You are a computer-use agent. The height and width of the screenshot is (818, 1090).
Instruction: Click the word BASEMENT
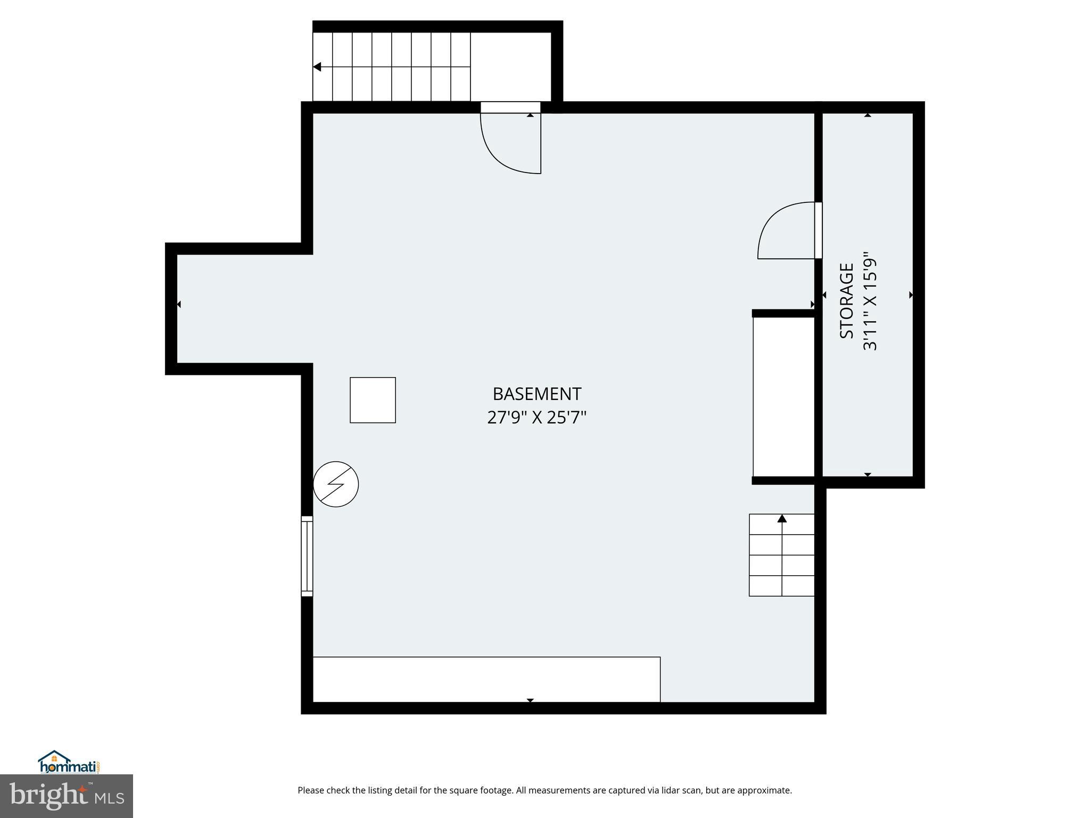pyautogui.click(x=536, y=394)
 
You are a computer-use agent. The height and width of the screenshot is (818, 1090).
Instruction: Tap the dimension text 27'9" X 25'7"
pyautogui.click(x=536, y=418)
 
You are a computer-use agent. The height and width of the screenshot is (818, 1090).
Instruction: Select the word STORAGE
pyautogui.click(x=846, y=301)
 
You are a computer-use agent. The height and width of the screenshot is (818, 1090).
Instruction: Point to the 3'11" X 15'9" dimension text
pyautogui.click(x=870, y=301)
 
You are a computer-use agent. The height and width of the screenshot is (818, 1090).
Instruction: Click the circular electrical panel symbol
pyautogui.click(x=336, y=484)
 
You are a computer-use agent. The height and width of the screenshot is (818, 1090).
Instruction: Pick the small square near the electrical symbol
pyautogui.click(x=373, y=400)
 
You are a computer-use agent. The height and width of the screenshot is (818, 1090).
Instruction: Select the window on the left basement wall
pyautogui.click(x=307, y=556)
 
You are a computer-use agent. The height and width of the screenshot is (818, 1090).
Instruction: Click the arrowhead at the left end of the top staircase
pyautogui.click(x=317, y=67)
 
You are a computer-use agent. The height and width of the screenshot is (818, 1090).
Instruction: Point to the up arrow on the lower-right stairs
pyautogui.click(x=782, y=518)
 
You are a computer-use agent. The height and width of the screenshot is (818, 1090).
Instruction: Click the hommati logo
pyautogui.click(x=69, y=762)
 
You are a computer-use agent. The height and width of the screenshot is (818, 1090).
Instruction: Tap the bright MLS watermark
pyautogui.click(x=67, y=796)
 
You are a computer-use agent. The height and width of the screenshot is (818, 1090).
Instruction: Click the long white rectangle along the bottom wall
pyautogui.click(x=486, y=680)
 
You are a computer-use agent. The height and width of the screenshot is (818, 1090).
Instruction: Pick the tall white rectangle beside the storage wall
pyautogui.click(x=783, y=397)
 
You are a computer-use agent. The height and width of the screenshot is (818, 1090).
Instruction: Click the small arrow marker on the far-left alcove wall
pyautogui.click(x=179, y=304)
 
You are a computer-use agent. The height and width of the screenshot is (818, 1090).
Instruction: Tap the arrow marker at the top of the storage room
pyautogui.click(x=868, y=115)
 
